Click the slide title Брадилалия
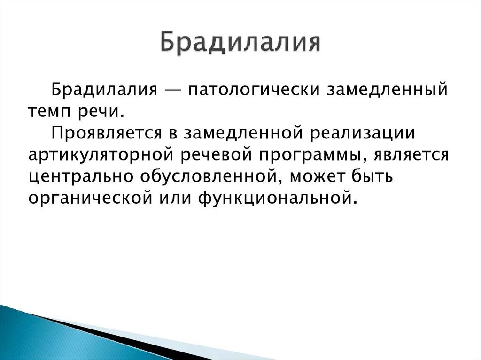tap(240, 43)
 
